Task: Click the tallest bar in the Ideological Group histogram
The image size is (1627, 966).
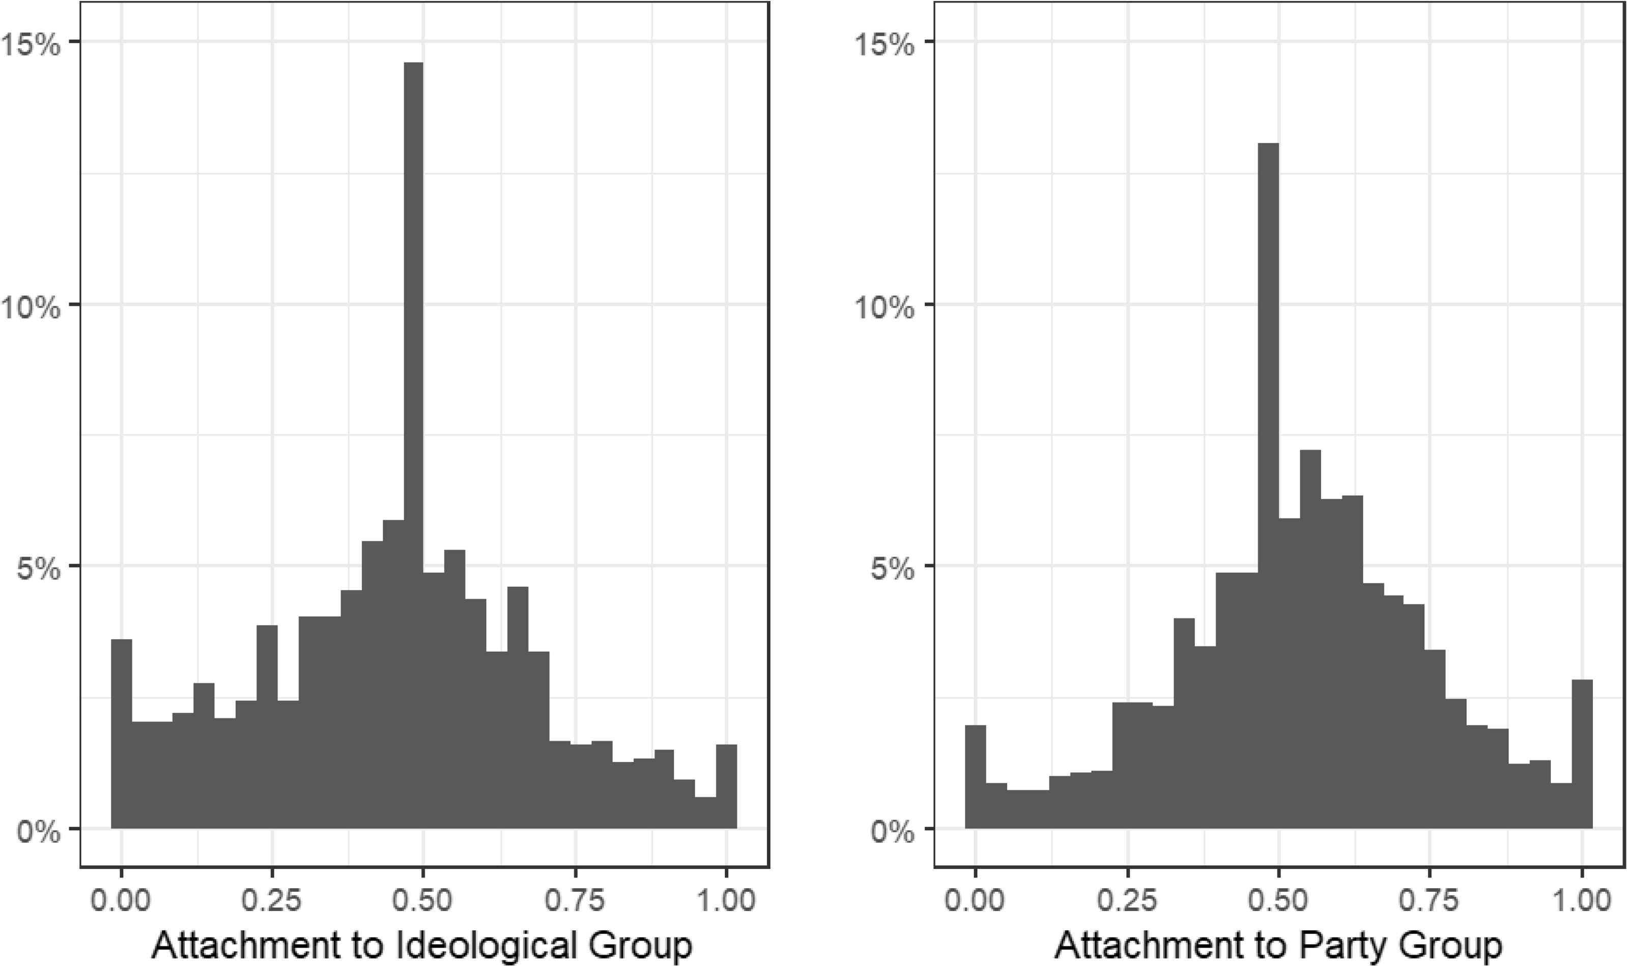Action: tap(413, 456)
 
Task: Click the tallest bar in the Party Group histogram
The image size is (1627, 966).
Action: tap(1268, 488)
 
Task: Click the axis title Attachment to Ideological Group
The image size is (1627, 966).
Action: tap(422, 945)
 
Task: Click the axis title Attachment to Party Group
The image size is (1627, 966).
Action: tap(1277, 945)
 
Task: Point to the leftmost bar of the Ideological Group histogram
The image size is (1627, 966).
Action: tap(122, 735)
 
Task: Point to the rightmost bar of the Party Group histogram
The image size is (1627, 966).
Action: tap(1582, 755)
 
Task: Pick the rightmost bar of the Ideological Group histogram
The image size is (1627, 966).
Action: tap(726, 788)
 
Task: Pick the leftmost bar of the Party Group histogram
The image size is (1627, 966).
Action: tap(976, 778)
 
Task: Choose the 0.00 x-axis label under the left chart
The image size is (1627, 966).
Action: tap(121, 901)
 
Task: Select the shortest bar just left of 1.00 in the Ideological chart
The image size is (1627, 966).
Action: tap(705, 814)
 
